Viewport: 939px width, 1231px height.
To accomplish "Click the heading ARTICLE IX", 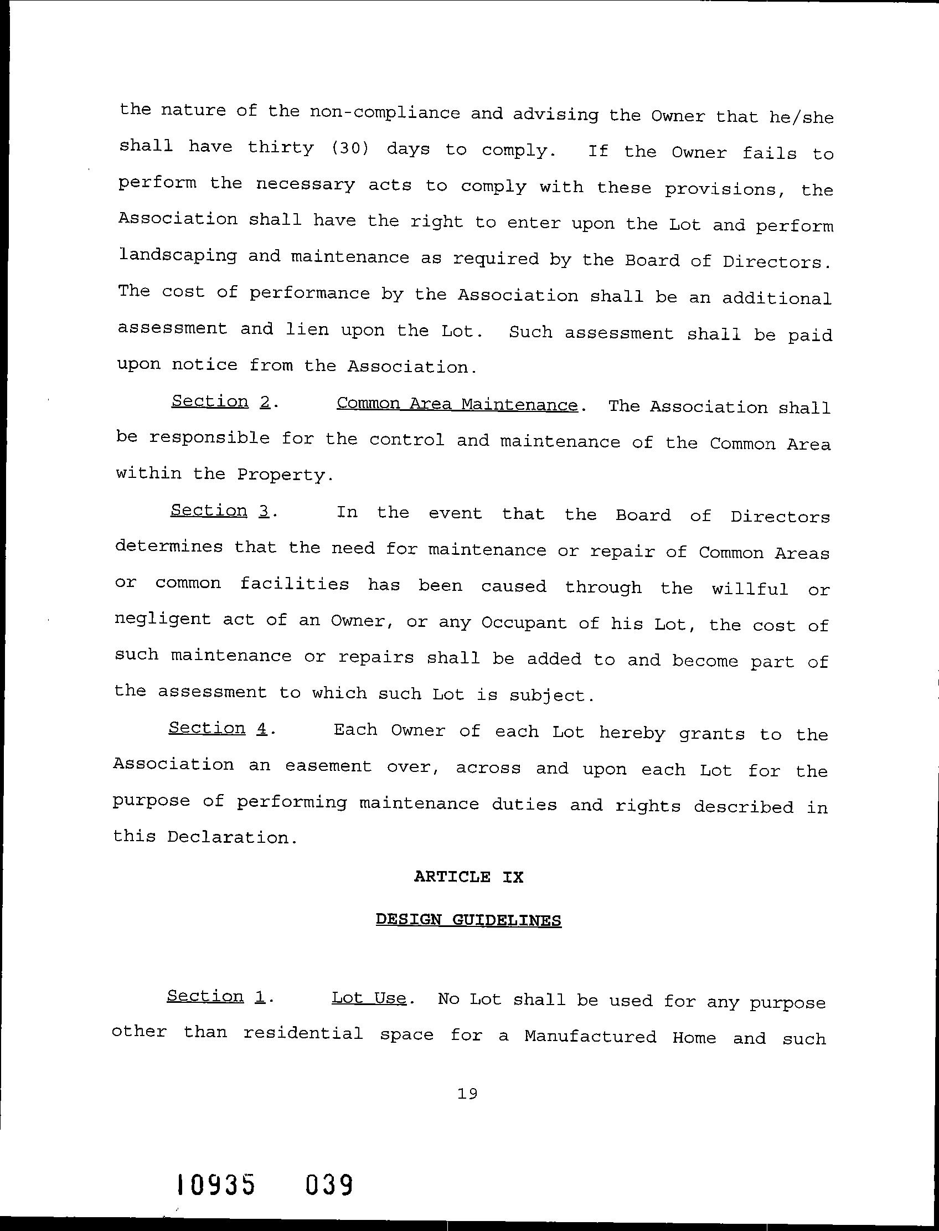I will click(468, 877).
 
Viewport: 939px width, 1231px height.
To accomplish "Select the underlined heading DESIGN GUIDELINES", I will click(468, 920).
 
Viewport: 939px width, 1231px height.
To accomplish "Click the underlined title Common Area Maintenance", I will click(457, 404).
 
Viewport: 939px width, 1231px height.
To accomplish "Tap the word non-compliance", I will click(385, 112).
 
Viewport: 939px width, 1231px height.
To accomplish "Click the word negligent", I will click(163, 620).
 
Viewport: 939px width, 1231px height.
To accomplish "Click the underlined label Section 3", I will click(221, 511).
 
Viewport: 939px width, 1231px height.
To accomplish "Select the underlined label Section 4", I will click(219, 728).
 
